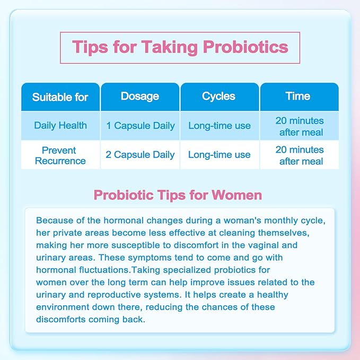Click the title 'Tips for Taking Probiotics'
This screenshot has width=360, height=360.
[180, 47]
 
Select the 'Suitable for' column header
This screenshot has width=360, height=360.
[60, 97]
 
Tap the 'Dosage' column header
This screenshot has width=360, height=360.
[140, 96]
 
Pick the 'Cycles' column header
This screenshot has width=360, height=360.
[219, 96]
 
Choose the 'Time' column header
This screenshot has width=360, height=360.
[298, 96]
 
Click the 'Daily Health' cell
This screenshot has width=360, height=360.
[60, 126]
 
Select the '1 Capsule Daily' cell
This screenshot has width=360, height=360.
[140, 126]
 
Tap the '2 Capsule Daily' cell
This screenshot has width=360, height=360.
[140, 155]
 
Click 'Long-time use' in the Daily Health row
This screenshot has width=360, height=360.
[219, 126]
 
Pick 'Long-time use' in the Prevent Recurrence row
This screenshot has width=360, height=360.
[219, 155]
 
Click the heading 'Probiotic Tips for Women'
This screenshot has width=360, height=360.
[178, 195]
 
